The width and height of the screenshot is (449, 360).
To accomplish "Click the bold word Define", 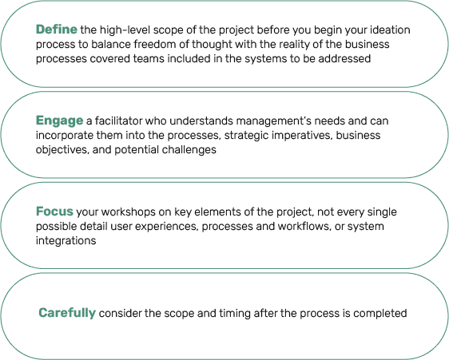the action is [57, 30].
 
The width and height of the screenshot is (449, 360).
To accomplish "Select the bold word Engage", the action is [60, 121].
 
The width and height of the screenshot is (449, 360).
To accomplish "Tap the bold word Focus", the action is [54, 212].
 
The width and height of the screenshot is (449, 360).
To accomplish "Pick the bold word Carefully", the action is [67, 313].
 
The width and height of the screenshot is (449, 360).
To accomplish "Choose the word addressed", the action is [344, 58].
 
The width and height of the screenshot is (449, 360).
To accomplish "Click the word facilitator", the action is [118, 121].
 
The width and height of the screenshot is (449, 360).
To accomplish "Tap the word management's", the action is [274, 121].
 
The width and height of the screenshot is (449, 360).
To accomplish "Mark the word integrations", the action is [66, 241].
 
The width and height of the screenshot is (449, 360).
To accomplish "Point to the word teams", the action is [149, 58].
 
